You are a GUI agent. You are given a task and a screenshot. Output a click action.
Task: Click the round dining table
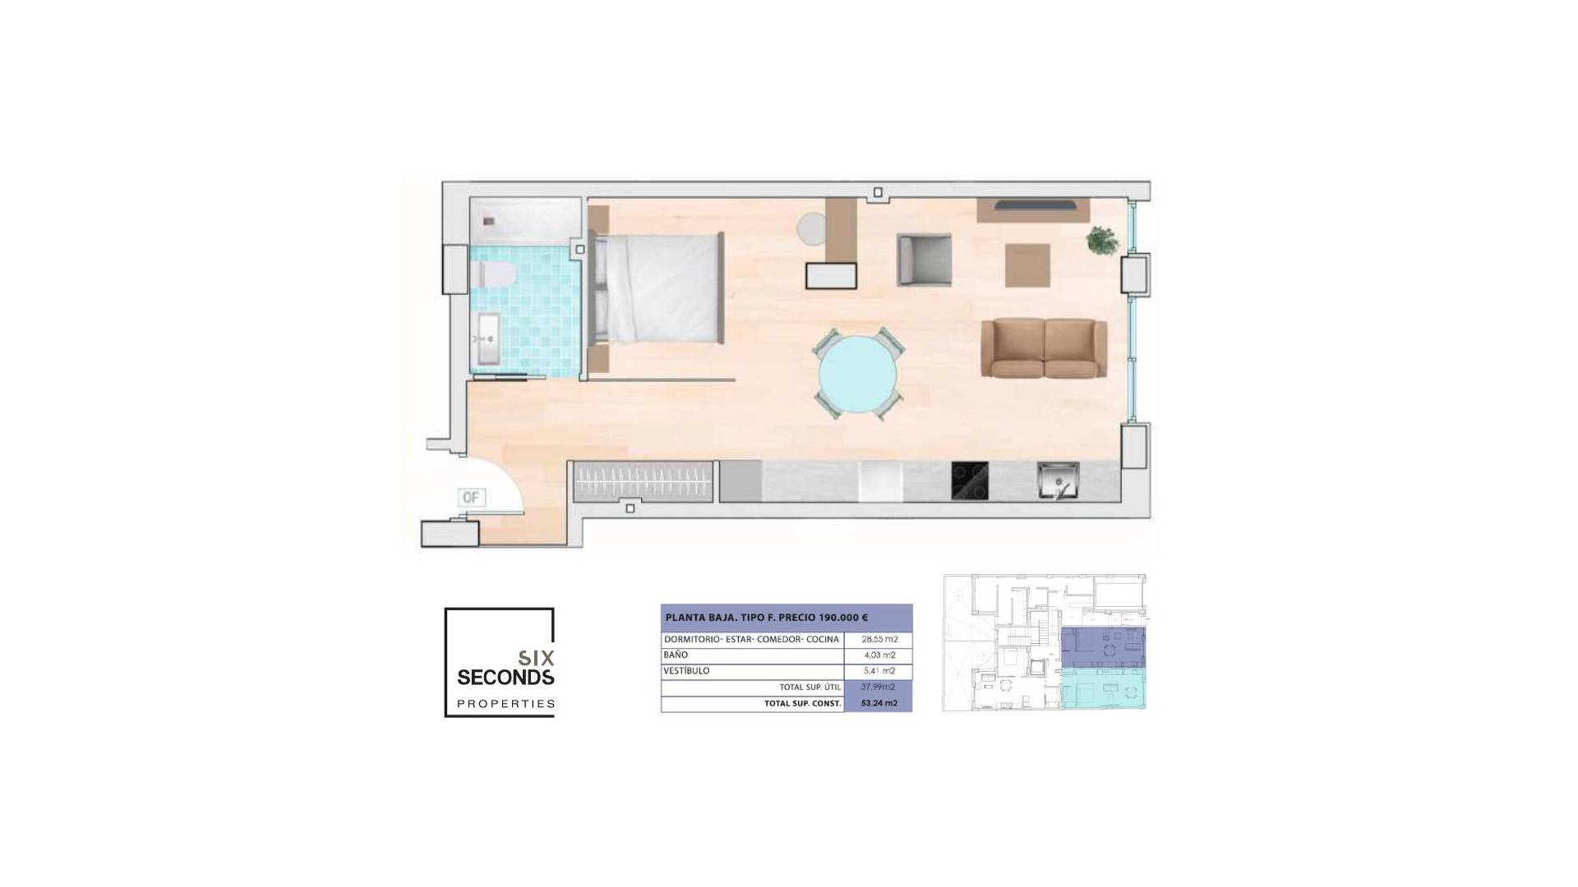(x=858, y=374)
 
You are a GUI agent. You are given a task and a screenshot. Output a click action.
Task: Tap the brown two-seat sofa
(x=1044, y=348)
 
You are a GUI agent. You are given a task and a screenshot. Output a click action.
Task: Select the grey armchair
(x=924, y=260)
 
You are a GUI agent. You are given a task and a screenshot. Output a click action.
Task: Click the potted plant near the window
(x=1101, y=241)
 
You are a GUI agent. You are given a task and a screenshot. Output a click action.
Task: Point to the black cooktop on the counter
(x=970, y=481)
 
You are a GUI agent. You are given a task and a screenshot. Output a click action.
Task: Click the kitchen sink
(x=1058, y=480)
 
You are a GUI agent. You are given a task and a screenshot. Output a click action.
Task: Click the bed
(x=657, y=287)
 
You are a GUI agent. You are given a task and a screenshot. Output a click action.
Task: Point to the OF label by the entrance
(x=471, y=497)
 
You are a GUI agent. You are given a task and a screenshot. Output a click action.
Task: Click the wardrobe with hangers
(x=643, y=481)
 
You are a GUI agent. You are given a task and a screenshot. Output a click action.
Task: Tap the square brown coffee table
(x=1027, y=265)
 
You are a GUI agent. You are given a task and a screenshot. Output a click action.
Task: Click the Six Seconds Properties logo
(x=500, y=662)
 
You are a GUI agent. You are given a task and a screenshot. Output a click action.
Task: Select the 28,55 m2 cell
(x=879, y=639)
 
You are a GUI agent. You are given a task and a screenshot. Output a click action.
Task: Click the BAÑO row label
(x=676, y=655)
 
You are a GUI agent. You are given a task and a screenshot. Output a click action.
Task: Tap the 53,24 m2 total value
(x=879, y=703)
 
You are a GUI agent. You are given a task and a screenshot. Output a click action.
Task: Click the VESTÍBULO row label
(x=686, y=671)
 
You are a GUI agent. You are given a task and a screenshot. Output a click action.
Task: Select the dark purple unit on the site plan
(x=1102, y=648)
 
